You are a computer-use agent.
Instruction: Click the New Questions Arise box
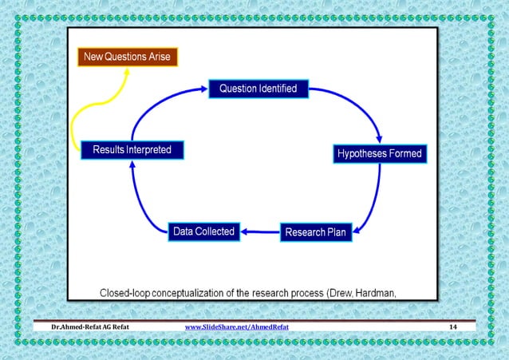[x=128, y=57]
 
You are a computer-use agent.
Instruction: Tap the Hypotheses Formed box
[x=379, y=152]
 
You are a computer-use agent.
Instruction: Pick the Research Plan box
[x=316, y=232]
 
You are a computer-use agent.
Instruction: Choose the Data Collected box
[x=204, y=231]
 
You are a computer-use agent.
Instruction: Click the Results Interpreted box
[x=132, y=149]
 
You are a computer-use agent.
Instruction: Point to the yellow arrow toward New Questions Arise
[x=96, y=104]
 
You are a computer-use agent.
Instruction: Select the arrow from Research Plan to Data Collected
[x=260, y=232]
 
